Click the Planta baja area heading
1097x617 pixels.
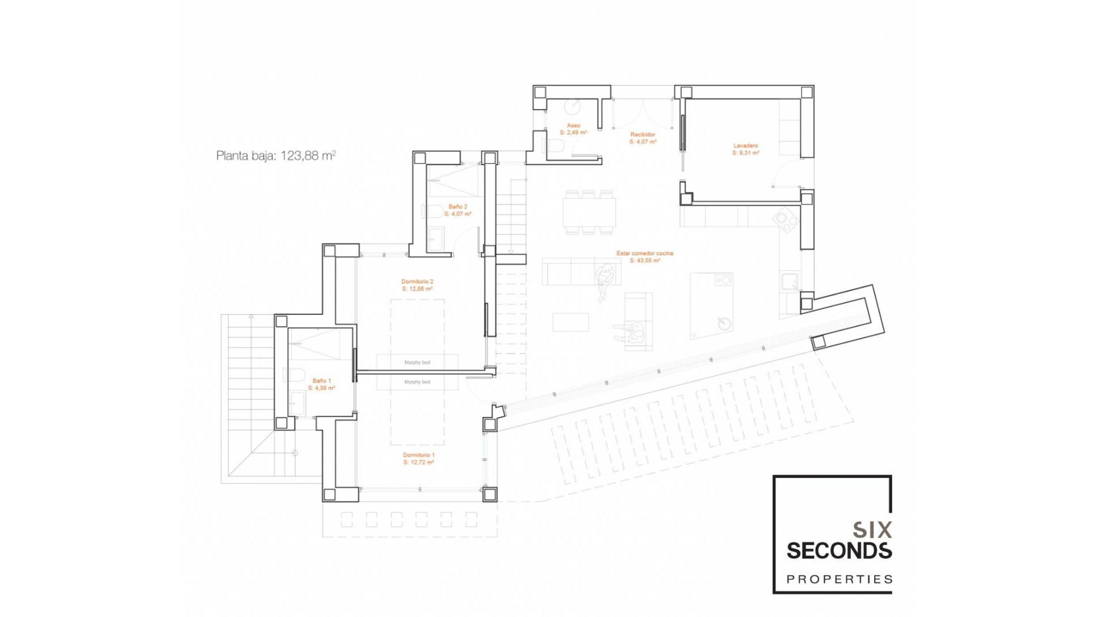[276, 156]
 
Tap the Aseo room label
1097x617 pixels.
[573, 129]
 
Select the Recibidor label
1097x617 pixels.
[643, 138]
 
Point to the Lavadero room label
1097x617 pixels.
[746, 149]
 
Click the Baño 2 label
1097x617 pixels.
[458, 210]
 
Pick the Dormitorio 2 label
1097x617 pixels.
[417, 285]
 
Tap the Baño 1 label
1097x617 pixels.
[321, 384]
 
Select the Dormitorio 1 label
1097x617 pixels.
[418, 459]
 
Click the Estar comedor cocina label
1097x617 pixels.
[644, 257]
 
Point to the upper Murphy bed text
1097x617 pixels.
[417, 362]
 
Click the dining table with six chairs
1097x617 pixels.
[590, 213]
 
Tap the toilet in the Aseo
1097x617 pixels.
[555, 147]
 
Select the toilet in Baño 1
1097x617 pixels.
[294, 375]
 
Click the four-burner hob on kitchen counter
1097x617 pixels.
[787, 221]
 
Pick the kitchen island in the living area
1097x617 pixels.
[711, 306]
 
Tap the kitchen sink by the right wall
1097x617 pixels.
[790, 282]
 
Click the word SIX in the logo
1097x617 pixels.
[871, 530]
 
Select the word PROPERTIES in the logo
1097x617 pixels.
[839, 579]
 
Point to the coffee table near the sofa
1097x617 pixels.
[571, 322]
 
